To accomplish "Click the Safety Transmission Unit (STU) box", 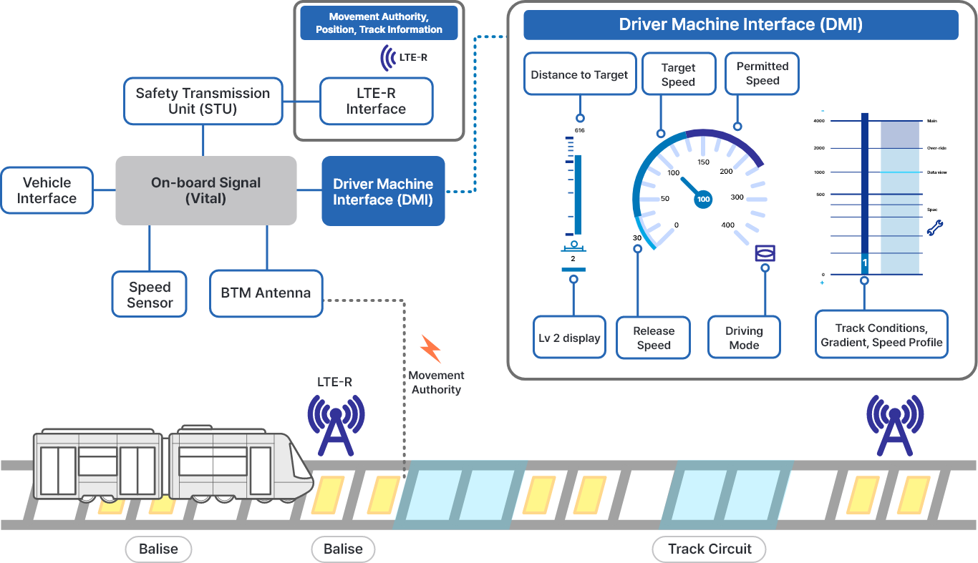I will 203,101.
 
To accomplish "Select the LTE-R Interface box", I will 376,101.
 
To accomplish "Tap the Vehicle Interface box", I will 47,190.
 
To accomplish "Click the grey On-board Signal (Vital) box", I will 206,190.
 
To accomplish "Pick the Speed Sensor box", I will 150,294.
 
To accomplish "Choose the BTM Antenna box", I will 266,293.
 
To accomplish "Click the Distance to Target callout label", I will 580,74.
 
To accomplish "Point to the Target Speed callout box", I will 678,74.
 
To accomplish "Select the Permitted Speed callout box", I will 762,73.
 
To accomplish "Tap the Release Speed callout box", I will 653,338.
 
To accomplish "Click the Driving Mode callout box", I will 744,338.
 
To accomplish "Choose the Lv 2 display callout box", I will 570,338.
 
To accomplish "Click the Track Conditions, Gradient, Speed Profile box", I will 881,335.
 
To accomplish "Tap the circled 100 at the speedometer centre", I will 703,200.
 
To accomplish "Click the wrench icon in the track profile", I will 935,228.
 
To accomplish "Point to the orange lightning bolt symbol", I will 430,348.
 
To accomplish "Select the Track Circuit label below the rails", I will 710,549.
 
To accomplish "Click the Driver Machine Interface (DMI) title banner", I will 740,25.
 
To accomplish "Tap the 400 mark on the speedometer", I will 727,225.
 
